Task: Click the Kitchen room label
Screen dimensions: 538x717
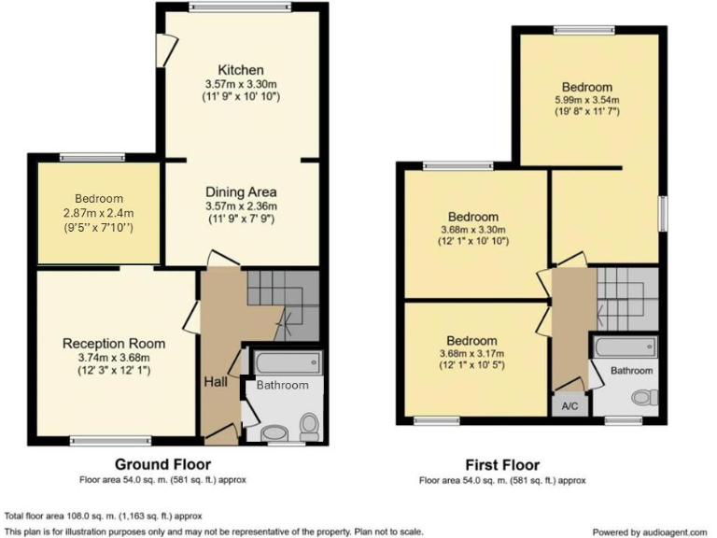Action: point(241,70)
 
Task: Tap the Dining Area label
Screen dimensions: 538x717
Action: point(241,192)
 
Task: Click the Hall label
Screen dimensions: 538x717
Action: point(215,383)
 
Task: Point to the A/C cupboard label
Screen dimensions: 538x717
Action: point(569,407)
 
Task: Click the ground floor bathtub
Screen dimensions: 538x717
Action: point(287,362)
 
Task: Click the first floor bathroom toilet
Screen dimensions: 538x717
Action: point(641,398)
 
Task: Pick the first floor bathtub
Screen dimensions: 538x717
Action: point(626,348)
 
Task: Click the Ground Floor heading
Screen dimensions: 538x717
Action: point(162,464)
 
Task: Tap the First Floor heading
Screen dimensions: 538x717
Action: point(502,464)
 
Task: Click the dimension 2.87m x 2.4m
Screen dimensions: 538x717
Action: point(100,213)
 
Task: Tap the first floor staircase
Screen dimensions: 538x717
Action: point(627,299)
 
